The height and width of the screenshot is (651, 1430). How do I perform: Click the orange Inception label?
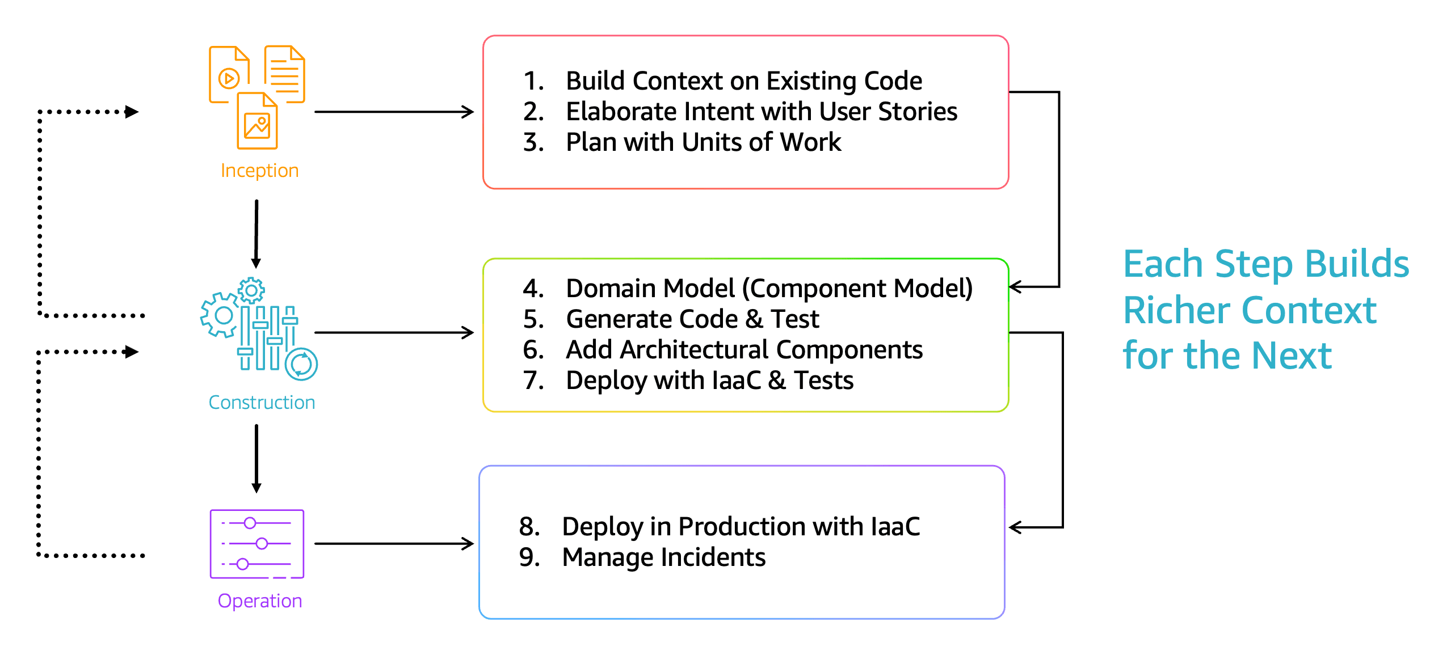point(259,171)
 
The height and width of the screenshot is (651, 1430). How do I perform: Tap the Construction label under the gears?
point(262,402)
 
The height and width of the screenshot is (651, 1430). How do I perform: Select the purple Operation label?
point(260,601)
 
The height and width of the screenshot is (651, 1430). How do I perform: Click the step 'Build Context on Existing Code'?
point(743,81)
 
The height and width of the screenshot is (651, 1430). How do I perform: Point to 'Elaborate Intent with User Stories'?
point(762,112)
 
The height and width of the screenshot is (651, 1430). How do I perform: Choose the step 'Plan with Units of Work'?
point(704,142)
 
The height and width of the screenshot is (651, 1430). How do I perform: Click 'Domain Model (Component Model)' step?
point(769,289)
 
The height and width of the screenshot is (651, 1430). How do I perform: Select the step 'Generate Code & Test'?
point(692,319)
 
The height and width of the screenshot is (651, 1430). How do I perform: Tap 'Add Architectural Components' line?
point(744,350)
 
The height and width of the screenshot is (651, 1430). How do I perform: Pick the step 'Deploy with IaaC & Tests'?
point(709,381)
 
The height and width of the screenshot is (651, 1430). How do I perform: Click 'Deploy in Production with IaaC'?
point(741,527)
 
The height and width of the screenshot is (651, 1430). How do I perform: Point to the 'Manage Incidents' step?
point(663,557)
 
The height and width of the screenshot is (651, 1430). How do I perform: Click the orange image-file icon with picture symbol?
point(257,121)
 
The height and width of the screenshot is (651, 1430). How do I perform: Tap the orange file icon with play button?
point(229,74)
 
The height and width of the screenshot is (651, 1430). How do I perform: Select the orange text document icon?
point(285,74)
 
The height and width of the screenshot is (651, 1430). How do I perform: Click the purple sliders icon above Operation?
point(257,544)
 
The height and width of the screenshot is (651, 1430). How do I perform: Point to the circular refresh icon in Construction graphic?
point(301,364)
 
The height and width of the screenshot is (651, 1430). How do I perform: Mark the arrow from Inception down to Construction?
point(256,234)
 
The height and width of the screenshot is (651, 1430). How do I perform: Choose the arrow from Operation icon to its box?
point(394,544)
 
